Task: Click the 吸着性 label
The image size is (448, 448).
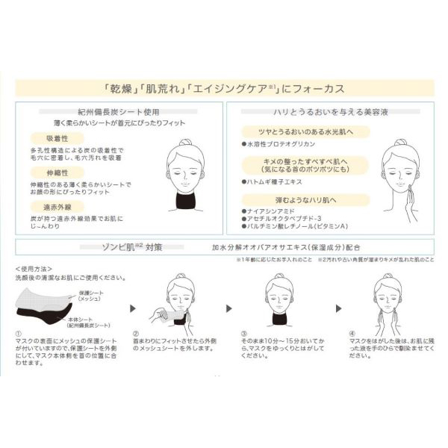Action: (x=50, y=138)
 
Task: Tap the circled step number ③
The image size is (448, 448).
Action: (x=243, y=334)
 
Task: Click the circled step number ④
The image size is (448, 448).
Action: (x=349, y=334)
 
